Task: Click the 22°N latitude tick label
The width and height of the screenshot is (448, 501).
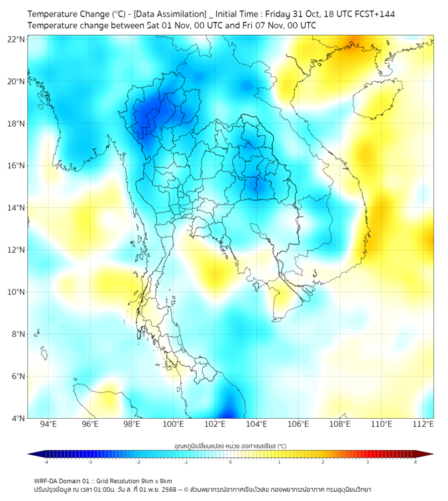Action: tap(17, 39)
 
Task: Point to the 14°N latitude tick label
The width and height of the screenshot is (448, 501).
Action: tap(17, 207)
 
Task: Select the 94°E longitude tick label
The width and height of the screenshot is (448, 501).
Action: tap(48, 424)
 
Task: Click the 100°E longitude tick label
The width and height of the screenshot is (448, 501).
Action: tap(174, 424)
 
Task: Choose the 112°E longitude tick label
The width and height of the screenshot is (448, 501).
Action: tap(423, 424)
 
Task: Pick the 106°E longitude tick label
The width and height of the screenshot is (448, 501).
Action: tap(298, 424)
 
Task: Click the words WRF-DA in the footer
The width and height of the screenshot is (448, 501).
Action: tap(46, 480)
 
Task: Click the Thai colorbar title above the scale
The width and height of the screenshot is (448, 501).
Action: tap(230, 446)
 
